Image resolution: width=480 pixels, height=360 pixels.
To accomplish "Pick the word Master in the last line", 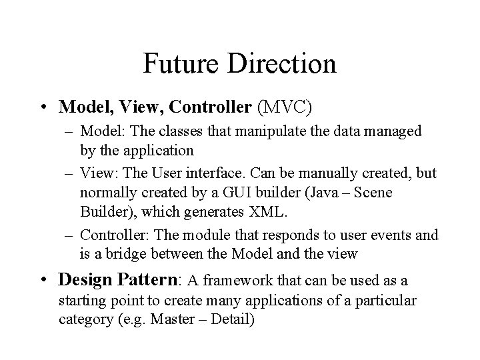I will tap(171, 319).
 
